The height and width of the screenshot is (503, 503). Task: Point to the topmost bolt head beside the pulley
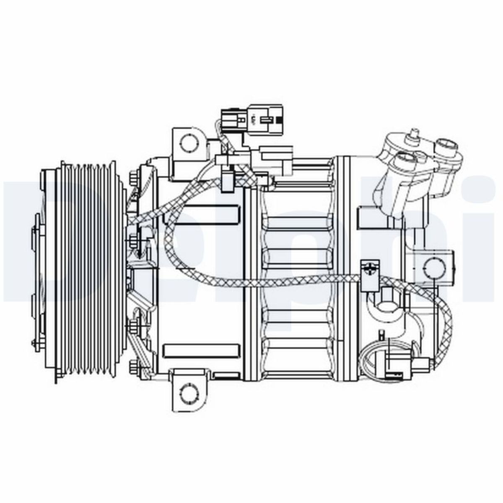tap(134, 178)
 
